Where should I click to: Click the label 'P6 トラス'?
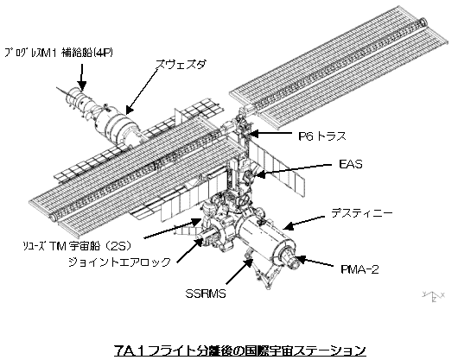pyautogui.click(x=322, y=136)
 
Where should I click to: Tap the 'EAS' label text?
pyautogui.click(x=351, y=164)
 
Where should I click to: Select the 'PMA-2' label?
pyautogui.click(x=359, y=269)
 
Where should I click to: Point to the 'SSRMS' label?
pyautogui.click(x=206, y=294)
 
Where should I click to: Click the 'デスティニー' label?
pyautogui.click(x=361, y=214)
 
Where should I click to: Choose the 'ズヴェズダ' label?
pyautogui.click(x=181, y=64)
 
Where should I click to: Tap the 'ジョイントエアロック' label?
pyautogui.click(x=119, y=262)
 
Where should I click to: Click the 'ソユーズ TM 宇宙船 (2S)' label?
pyautogui.click(x=77, y=247)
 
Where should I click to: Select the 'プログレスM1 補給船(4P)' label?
pyautogui.click(x=58, y=53)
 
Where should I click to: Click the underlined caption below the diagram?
pyautogui.click(x=239, y=351)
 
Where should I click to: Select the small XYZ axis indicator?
pyautogui.click(x=434, y=296)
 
